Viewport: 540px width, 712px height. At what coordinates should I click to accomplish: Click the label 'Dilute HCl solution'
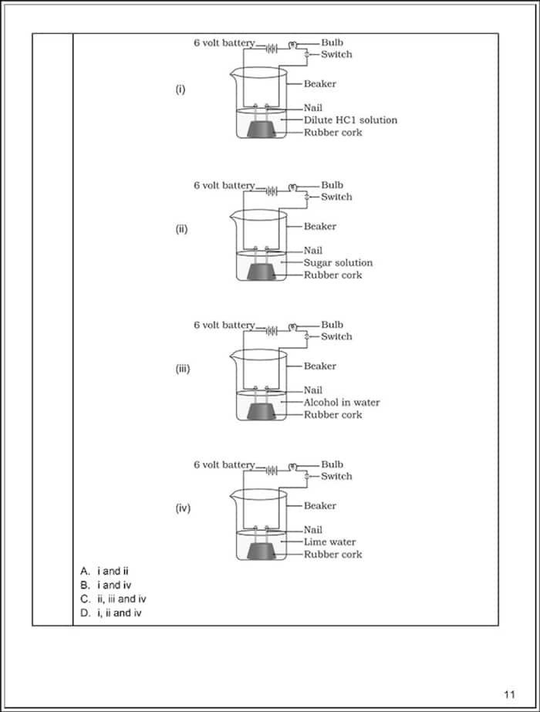click(350, 120)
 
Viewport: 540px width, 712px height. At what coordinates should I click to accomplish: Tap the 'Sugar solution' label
click(338, 263)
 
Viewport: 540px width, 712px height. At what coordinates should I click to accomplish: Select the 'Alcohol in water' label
click(342, 403)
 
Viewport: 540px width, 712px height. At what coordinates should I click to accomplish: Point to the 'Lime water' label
click(329, 542)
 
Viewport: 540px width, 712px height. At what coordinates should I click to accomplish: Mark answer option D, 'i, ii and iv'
click(111, 613)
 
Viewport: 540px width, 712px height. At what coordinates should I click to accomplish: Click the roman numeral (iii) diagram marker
click(183, 369)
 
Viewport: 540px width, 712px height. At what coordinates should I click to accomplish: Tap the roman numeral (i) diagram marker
click(181, 89)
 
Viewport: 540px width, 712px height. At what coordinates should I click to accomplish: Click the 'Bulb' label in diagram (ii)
click(332, 185)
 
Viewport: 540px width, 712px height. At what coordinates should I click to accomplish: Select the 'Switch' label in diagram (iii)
click(336, 337)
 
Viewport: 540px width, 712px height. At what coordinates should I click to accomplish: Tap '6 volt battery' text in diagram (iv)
click(224, 465)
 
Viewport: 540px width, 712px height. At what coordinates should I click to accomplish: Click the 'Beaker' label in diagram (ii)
click(320, 227)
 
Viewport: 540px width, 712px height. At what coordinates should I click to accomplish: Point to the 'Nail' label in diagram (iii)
click(313, 390)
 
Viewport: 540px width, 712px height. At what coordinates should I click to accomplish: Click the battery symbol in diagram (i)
click(272, 48)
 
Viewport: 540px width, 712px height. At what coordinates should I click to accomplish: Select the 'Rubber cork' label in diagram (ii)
click(332, 275)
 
